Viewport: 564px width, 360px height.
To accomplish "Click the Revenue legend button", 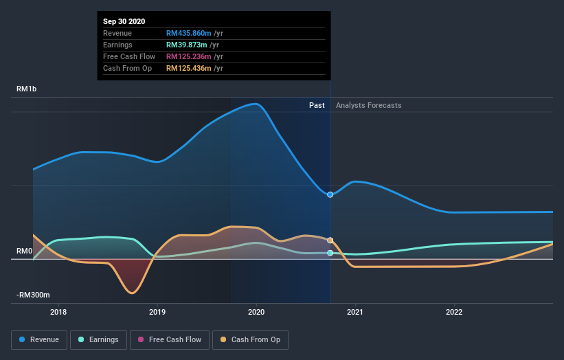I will (x=40, y=339).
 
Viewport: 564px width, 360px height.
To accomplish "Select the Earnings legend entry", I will (x=99, y=339).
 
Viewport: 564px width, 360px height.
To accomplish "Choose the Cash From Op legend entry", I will (x=251, y=339).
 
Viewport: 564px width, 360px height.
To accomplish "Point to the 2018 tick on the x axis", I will (x=59, y=312).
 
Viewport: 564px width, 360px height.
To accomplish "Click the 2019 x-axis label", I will (x=158, y=312).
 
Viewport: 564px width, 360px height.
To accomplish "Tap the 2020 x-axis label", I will (x=257, y=312).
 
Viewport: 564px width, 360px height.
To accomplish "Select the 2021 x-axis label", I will (x=356, y=312).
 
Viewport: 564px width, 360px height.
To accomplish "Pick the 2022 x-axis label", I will (x=455, y=312).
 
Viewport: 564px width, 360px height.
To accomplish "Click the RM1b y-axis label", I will (x=28, y=89).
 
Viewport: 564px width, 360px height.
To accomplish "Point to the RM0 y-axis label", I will (x=25, y=251).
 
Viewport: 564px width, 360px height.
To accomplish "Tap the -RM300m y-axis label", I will (x=33, y=295).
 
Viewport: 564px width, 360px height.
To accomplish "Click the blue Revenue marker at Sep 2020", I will (x=330, y=194).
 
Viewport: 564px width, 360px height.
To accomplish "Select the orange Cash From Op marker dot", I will (x=330, y=240).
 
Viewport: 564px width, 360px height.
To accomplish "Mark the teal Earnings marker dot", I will (x=330, y=254).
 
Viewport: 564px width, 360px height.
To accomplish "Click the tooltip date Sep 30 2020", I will (x=124, y=22).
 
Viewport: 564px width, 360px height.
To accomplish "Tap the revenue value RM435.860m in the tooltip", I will (x=189, y=33).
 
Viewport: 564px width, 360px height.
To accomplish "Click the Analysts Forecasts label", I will (x=369, y=105).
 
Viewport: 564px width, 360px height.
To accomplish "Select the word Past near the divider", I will (x=317, y=105).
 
